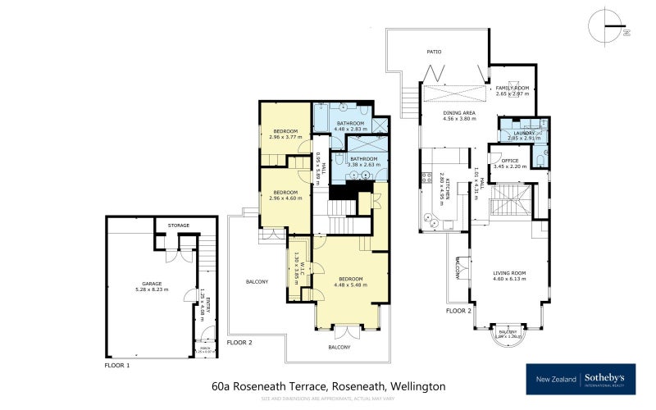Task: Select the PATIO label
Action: tap(434, 52)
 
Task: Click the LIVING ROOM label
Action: tap(508, 274)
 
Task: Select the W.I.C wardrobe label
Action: tap(302, 266)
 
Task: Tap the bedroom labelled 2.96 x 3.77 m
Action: tap(285, 133)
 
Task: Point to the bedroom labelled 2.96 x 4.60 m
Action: tap(285, 194)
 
